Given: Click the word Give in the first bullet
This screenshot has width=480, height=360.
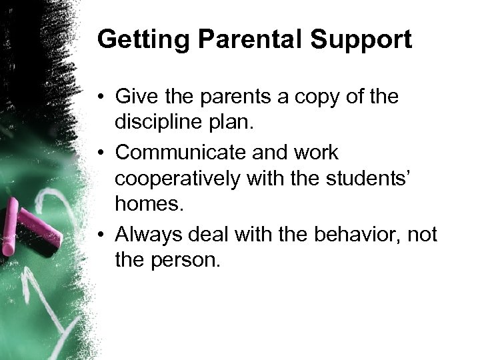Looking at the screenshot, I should click(136, 97).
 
